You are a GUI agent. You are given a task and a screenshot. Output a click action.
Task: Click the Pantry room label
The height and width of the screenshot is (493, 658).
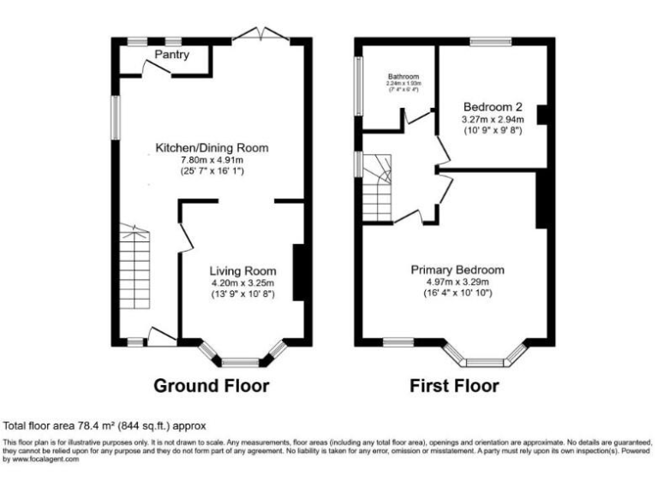[172, 56]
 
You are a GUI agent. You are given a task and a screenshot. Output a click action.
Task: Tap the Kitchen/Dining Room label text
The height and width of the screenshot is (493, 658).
[212, 148]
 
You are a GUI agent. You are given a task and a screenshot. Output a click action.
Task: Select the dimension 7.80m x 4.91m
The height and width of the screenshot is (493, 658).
[212, 160]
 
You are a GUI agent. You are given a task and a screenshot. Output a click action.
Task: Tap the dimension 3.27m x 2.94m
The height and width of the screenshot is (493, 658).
[492, 120]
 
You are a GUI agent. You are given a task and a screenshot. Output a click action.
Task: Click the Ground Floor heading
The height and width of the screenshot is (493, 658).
[211, 386]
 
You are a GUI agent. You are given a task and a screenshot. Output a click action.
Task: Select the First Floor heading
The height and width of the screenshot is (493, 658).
[453, 386]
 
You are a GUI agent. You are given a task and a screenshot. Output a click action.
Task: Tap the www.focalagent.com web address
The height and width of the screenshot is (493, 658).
[43, 459]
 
